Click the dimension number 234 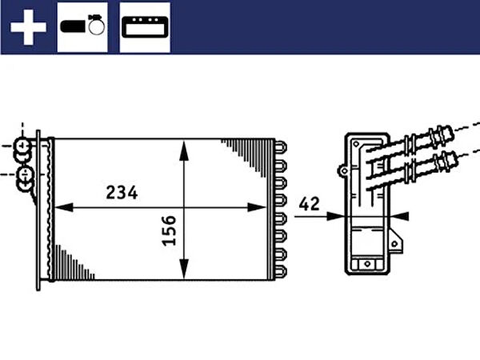(122, 193)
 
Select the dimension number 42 (309, 204)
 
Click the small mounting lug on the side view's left (342, 170)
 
